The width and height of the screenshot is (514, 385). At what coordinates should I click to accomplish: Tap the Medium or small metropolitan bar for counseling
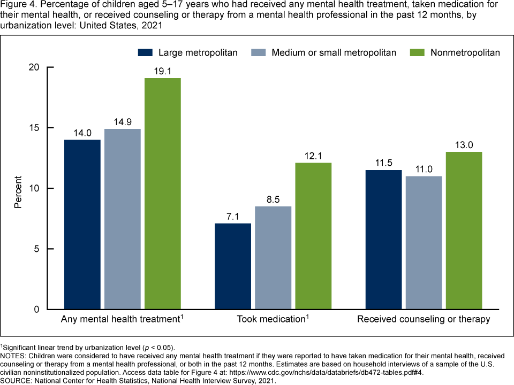click(423, 243)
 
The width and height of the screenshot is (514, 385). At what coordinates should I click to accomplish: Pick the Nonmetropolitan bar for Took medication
click(313, 236)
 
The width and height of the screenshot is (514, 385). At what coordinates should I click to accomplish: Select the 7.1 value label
click(233, 215)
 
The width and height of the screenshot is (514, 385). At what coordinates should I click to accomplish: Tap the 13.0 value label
click(464, 144)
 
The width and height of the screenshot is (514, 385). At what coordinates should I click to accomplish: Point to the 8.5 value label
click(273, 198)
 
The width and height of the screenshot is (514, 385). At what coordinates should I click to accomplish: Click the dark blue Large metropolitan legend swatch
click(146, 52)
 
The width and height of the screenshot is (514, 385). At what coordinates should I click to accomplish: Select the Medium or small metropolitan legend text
click(334, 52)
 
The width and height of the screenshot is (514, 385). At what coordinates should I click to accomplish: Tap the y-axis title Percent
click(18, 191)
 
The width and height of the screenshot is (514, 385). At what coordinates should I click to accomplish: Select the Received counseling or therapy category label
click(424, 320)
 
